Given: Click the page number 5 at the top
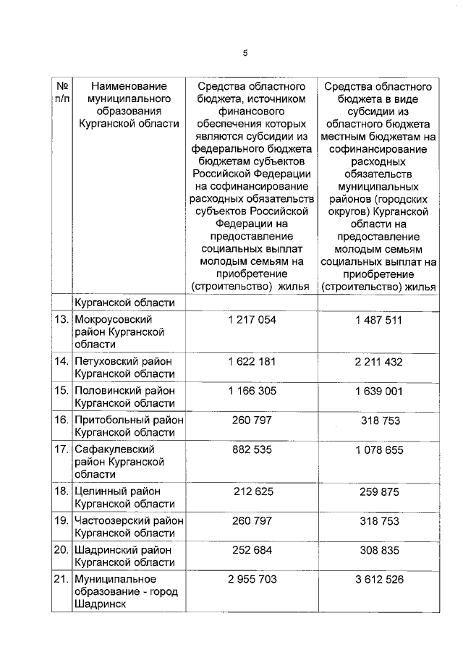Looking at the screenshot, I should coord(245,53).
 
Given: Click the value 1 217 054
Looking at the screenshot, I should coord(251,320).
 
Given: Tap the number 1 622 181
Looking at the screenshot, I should coord(251,361).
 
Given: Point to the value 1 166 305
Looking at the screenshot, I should coord(251,389).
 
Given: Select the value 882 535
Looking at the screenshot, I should coord(251,449).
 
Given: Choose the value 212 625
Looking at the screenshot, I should coord(251,491).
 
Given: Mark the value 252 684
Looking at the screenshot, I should coord(251,551).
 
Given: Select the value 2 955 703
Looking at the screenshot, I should coord(251,580).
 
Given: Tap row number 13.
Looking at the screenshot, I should coord(62,320).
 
